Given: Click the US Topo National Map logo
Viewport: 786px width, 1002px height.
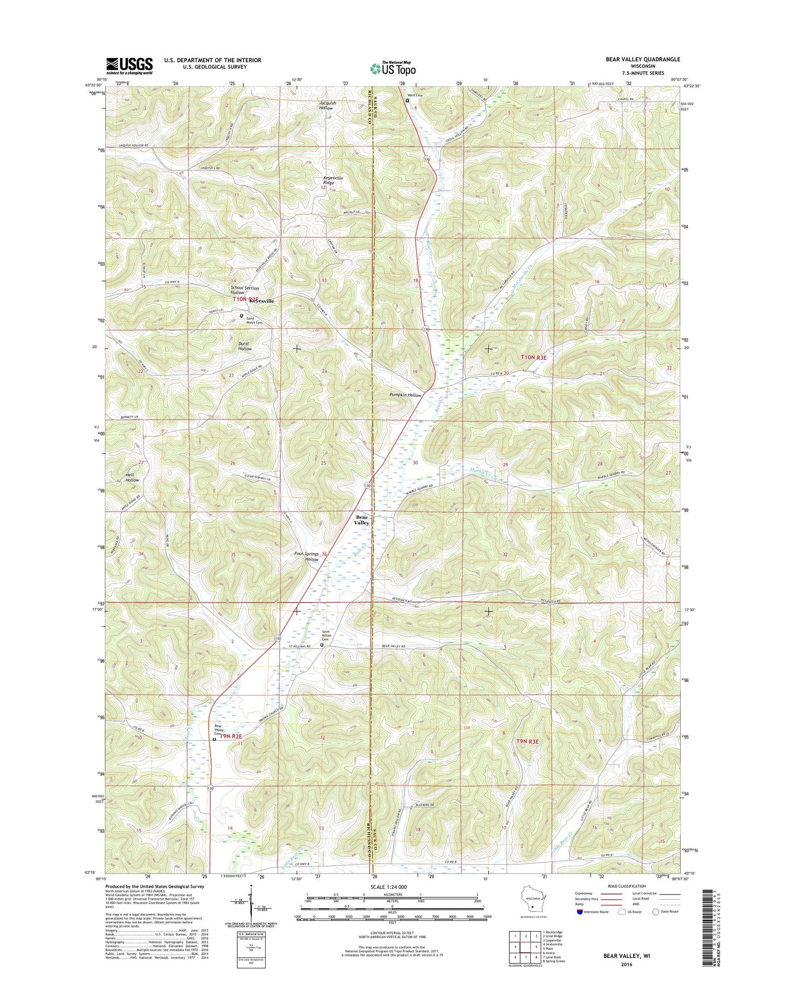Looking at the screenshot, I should click(x=393, y=68).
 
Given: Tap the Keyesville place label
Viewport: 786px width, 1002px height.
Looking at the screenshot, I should click(x=261, y=301).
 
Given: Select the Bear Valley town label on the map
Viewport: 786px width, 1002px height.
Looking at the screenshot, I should click(x=362, y=519).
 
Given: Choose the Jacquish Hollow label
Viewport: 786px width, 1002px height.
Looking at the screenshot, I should click(x=327, y=105).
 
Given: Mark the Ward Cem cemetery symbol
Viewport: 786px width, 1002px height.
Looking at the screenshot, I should click(x=408, y=100).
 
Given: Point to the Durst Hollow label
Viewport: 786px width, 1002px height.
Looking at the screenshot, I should click(x=245, y=346).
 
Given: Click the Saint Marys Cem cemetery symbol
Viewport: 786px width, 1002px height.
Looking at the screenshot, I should click(x=242, y=316).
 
